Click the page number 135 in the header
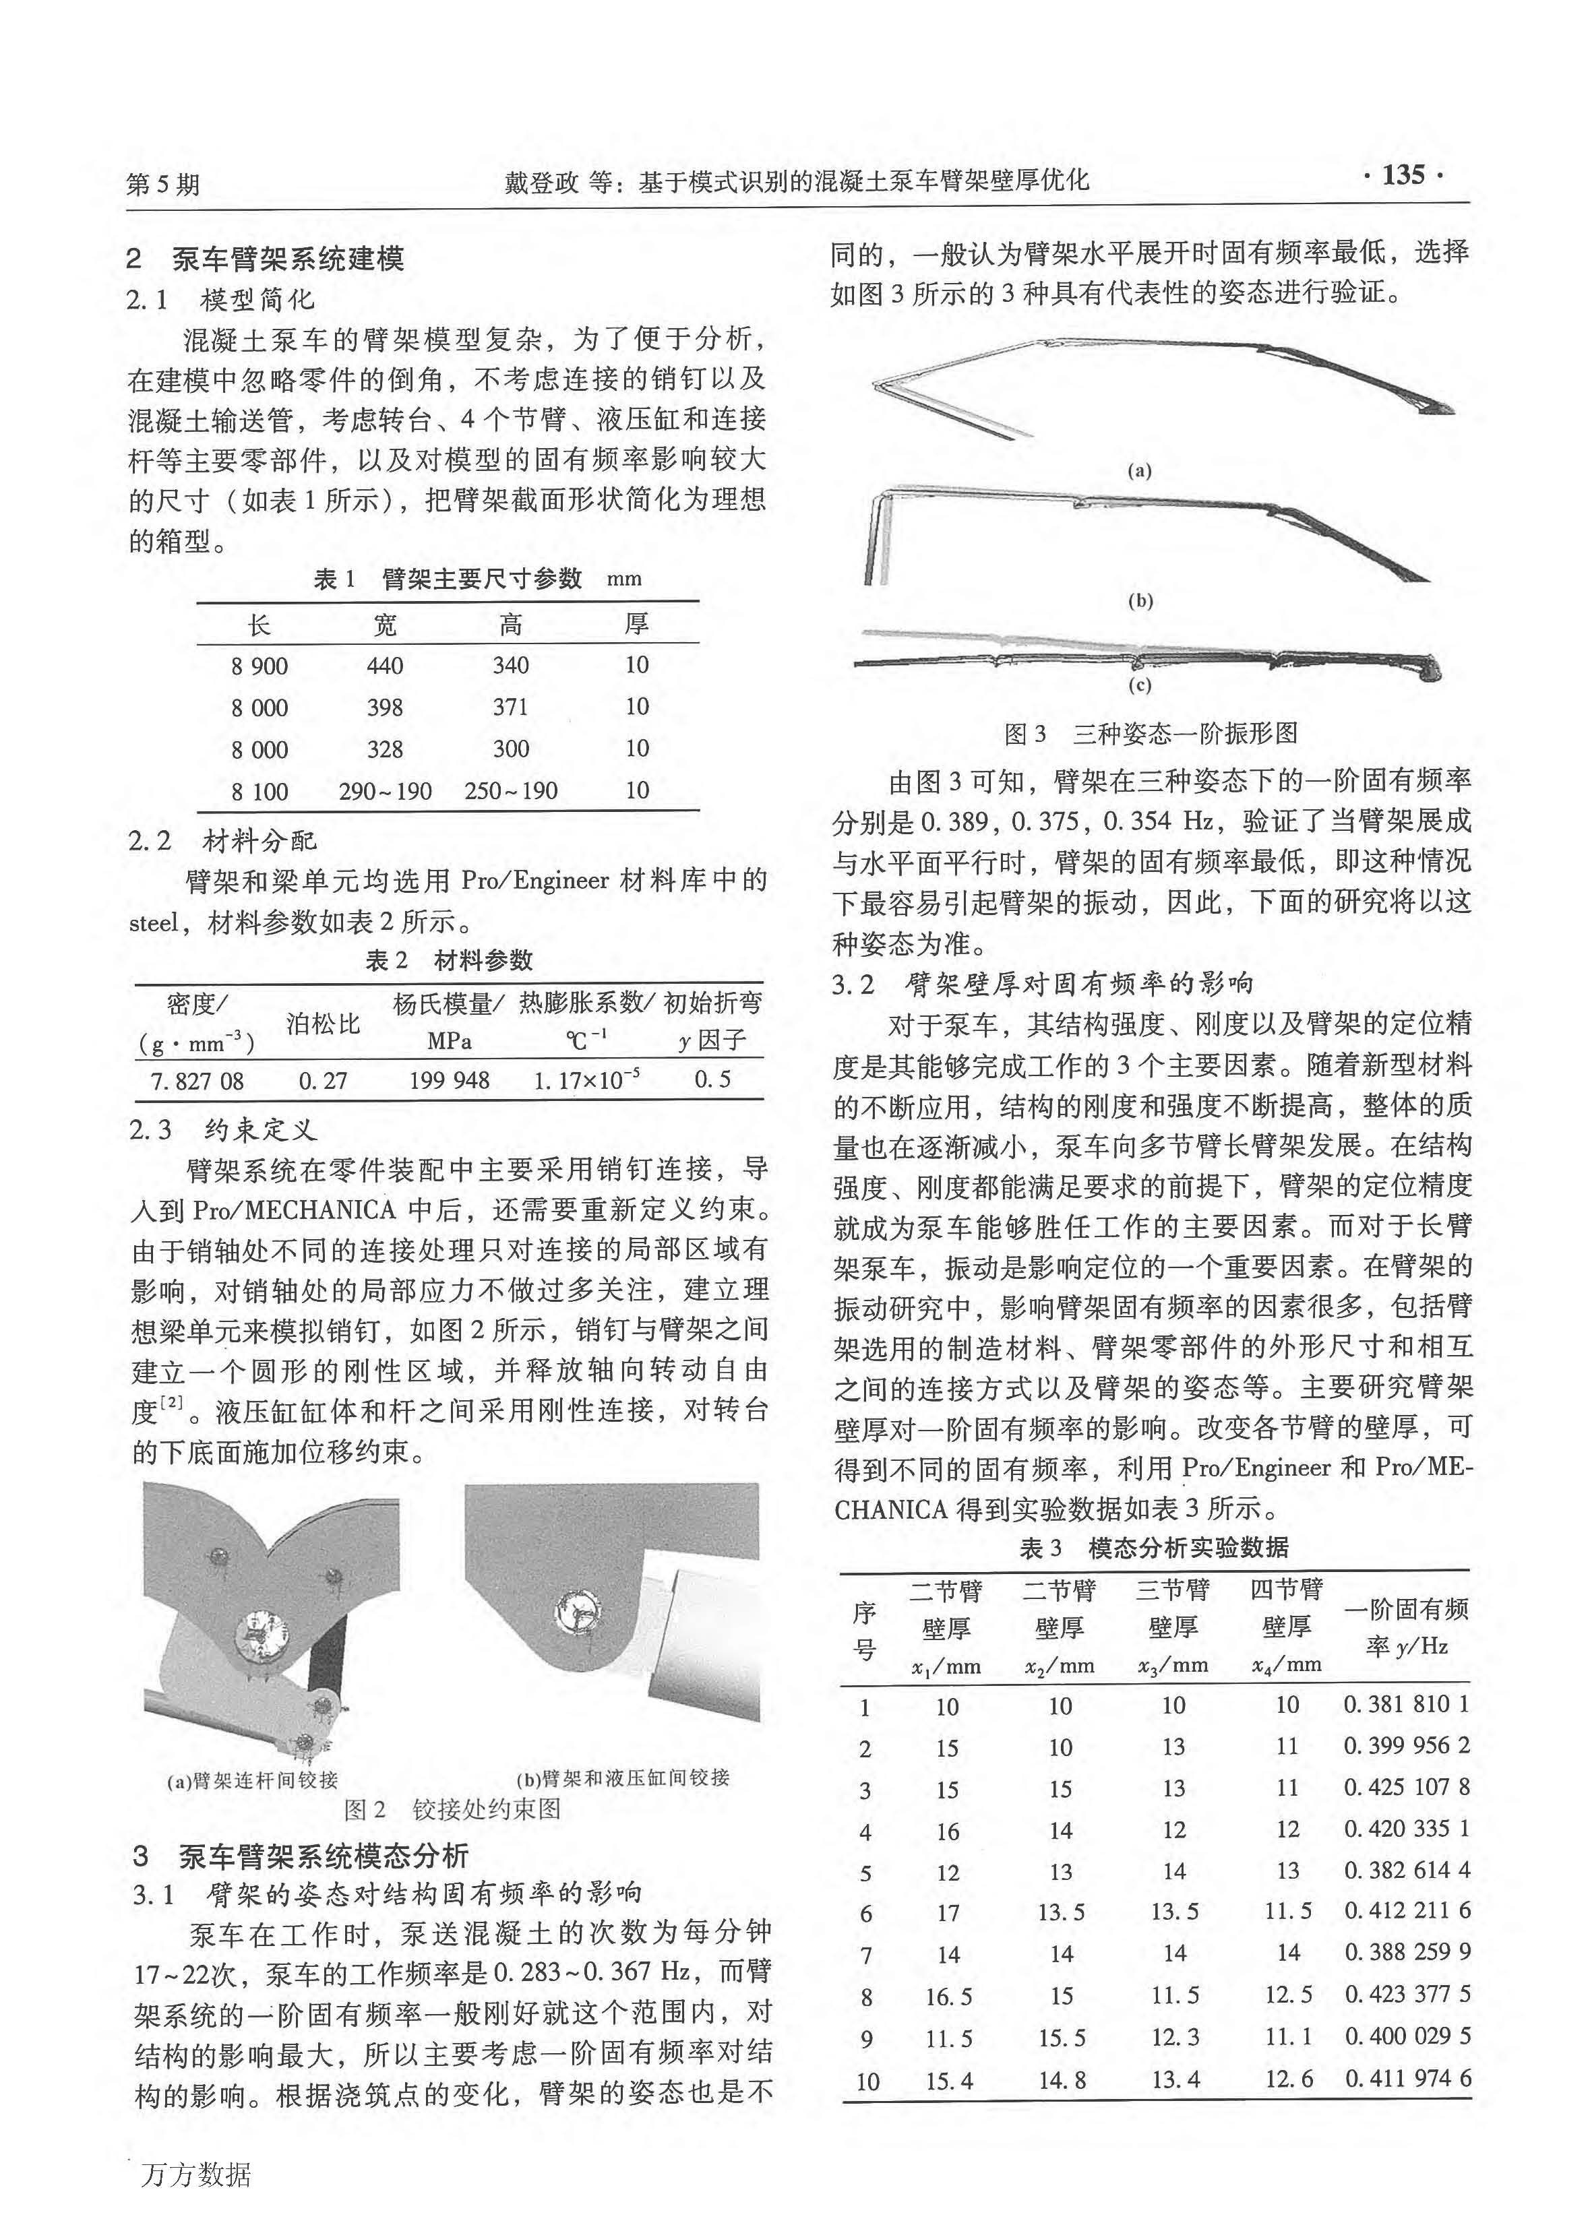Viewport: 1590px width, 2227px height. pos(1403,176)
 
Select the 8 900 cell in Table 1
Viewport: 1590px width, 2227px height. pos(259,666)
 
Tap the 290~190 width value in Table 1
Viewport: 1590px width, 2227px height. pos(385,791)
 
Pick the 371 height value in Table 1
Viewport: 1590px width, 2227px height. pos(510,708)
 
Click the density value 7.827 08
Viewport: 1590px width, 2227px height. pos(197,1081)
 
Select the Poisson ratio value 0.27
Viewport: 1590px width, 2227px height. pos(323,1081)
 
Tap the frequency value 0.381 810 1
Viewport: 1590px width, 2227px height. pos(1406,1704)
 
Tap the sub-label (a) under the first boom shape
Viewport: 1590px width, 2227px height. pos(1138,471)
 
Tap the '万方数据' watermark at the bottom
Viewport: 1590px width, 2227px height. pos(197,2176)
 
